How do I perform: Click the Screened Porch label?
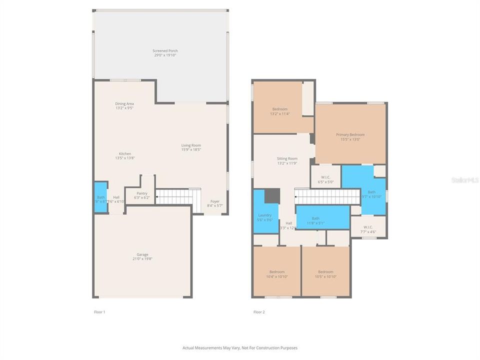(165, 52)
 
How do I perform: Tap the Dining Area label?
(124, 105)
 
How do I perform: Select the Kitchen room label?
(124, 155)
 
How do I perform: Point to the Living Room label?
(191, 147)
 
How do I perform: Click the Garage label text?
(142, 256)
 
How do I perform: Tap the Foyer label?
(215, 203)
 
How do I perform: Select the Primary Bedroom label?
(350, 136)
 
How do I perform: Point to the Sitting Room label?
(287, 160)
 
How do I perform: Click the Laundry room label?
(264, 217)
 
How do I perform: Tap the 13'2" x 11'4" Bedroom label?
(279, 111)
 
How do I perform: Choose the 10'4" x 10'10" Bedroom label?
(276, 273)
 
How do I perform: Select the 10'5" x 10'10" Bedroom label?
(325, 273)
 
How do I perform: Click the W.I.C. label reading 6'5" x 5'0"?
(325, 179)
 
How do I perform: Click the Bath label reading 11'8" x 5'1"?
(315, 220)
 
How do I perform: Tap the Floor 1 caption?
(99, 312)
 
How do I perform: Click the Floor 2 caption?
(259, 312)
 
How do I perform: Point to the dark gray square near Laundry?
(271, 195)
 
